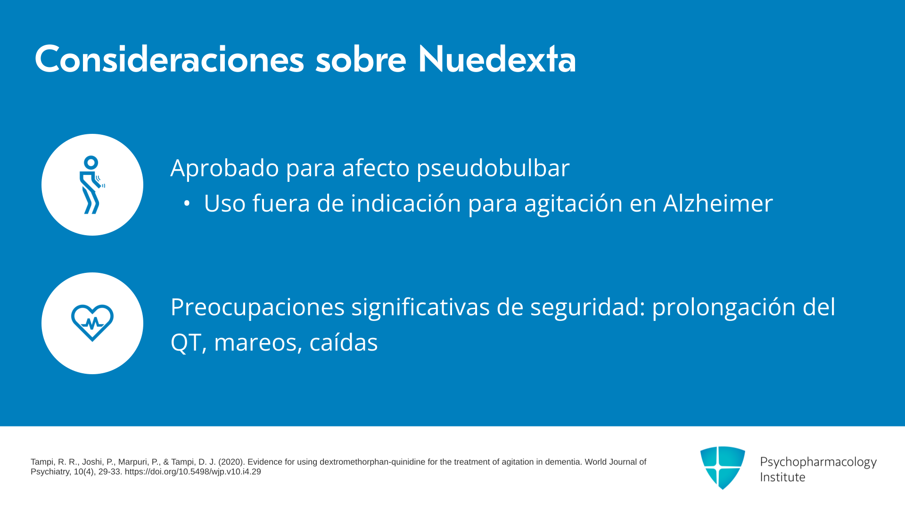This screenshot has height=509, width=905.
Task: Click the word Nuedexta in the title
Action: coord(497,59)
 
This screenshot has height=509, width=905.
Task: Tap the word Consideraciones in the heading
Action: coord(169,59)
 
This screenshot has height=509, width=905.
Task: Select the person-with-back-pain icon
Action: coord(91,185)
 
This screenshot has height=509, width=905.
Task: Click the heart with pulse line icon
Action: coord(92,323)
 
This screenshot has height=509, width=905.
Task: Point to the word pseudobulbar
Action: coord(493,169)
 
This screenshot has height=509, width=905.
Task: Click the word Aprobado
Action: coord(225,168)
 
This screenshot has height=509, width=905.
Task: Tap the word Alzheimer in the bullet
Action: coord(718,203)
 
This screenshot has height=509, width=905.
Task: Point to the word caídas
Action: coord(344,342)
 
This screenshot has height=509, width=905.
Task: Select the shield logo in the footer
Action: coord(723,468)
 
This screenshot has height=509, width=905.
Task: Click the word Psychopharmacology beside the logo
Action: coord(818,462)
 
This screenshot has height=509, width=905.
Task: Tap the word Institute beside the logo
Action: coord(782,477)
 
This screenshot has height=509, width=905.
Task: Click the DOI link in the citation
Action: coord(193,472)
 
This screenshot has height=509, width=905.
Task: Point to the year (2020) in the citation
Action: coord(231,462)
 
